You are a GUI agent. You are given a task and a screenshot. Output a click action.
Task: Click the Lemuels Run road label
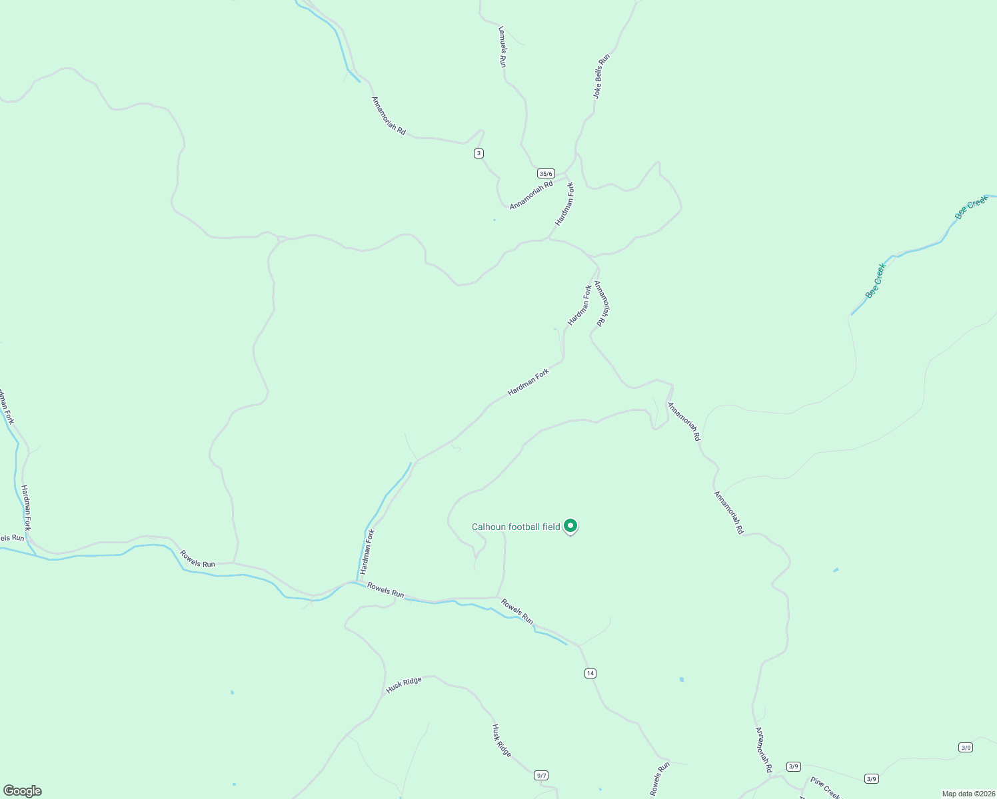pos(502,47)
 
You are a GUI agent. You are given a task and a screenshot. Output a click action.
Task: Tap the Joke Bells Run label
pos(601,77)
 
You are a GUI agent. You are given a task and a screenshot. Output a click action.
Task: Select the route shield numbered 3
pos(479,154)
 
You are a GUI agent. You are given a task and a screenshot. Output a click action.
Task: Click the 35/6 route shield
pos(546,174)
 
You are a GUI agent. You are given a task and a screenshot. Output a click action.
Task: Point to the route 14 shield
pos(590,673)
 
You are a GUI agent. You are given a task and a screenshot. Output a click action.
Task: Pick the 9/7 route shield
pos(541,775)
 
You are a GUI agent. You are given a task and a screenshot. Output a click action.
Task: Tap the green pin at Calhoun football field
pos(570,526)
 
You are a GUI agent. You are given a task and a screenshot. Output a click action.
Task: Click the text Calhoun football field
pos(516,527)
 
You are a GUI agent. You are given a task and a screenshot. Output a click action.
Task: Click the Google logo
pos(23,791)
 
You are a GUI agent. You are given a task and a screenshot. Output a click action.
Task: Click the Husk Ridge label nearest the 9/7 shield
pos(501,740)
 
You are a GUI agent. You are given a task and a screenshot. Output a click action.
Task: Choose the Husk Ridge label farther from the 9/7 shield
pos(404,685)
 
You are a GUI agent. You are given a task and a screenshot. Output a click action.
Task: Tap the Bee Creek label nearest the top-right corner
pos(971,208)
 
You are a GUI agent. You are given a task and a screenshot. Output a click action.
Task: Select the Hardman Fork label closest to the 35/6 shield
pos(564,204)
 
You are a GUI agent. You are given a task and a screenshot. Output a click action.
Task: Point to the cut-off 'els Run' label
pos(12,538)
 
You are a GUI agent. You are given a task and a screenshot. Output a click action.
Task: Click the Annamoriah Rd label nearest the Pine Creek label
pos(763,750)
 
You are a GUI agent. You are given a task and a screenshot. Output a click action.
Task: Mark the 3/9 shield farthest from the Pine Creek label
pos(966,747)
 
